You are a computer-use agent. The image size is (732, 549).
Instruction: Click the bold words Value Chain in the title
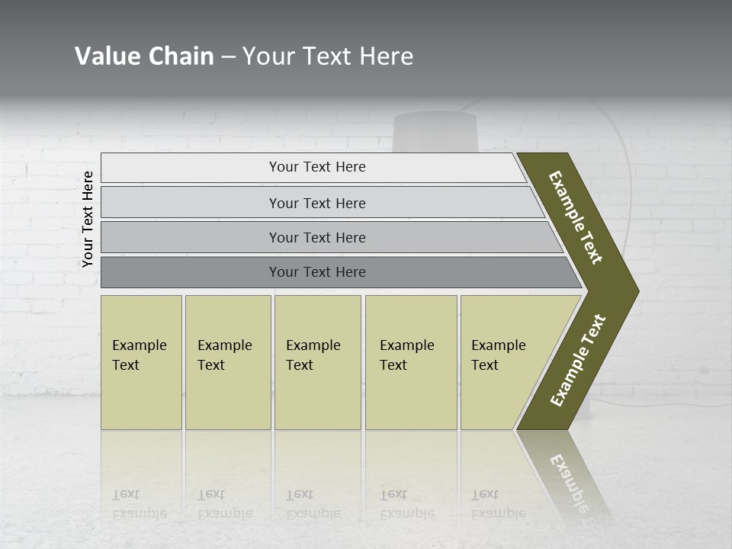click(144, 56)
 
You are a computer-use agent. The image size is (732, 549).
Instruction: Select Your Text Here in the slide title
click(328, 56)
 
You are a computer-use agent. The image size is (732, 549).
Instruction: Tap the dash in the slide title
click(228, 57)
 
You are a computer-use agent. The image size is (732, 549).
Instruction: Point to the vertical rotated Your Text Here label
click(88, 219)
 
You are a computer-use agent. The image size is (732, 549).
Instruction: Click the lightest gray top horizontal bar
click(316, 167)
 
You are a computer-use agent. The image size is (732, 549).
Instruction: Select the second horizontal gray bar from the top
click(316, 203)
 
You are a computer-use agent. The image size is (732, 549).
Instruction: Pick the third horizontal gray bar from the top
click(316, 237)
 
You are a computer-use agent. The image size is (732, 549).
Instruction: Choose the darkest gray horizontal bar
click(316, 272)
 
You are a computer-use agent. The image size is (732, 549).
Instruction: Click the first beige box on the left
click(141, 362)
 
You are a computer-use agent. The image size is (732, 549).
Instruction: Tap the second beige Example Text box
click(227, 362)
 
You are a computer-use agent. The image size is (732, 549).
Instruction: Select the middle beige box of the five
click(317, 362)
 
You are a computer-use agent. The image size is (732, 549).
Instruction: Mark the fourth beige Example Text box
click(410, 362)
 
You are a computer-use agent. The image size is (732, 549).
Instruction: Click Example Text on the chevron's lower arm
click(578, 361)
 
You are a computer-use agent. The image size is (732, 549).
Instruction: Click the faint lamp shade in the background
click(435, 133)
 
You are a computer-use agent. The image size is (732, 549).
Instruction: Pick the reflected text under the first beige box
click(139, 504)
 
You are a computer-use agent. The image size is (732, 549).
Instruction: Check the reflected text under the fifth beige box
click(498, 504)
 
